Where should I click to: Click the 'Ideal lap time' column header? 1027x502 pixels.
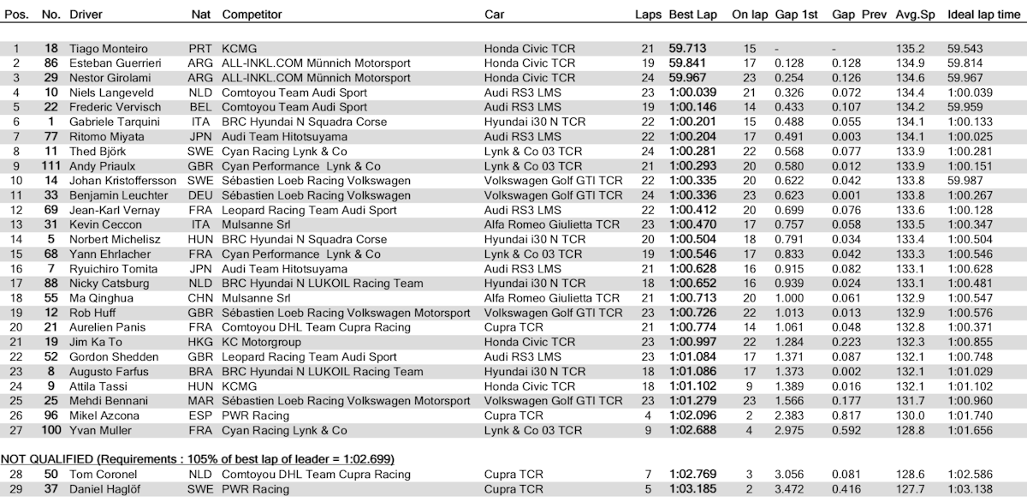coord(984,15)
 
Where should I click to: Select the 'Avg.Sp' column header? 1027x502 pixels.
coord(911,15)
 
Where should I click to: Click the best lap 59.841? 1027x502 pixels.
coord(688,63)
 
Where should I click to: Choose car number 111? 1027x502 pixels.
coord(52,165)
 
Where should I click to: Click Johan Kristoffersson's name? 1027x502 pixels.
coord(122,181)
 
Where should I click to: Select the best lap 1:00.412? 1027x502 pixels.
coord(693,210)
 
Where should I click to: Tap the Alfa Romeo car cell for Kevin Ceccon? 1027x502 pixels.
coord(551,224)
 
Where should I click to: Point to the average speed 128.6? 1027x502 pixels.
coord(910,475)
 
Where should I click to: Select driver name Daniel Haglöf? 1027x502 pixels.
coord(104,489)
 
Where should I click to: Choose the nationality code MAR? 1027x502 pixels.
coord(200,401)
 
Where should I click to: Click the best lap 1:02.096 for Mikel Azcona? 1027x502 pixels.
coord(693,415)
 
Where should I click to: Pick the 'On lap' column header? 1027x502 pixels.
coord(750,15)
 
